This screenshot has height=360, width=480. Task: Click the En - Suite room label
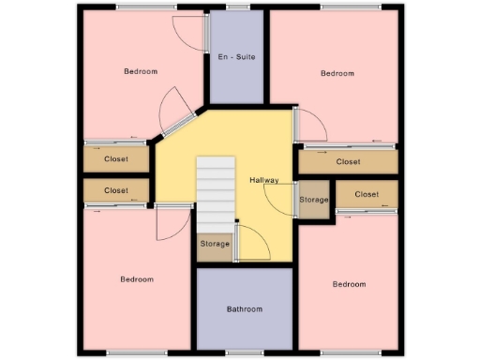[236, 58]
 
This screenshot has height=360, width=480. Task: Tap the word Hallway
[266, 180]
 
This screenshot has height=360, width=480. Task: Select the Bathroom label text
[245, 309]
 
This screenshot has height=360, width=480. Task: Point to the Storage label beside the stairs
[215, 245]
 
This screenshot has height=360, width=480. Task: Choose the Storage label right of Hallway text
[314, 200]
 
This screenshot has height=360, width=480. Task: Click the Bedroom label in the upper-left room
[141, 72]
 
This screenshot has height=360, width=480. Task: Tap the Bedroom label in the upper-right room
[337, 73]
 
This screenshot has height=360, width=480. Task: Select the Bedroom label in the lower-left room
[136, 279]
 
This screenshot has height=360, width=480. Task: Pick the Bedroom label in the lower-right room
[348, 284]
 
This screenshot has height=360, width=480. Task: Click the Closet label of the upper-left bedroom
[116, 159]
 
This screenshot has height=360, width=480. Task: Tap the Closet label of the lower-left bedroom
[116, 190]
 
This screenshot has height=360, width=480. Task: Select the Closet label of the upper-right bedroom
[348, 162]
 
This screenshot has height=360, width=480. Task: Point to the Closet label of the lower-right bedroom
[367, 194]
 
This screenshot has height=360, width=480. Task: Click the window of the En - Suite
[238, 8]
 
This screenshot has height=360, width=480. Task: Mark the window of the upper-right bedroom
[337, 8]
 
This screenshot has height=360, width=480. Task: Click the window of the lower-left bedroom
[126, 352]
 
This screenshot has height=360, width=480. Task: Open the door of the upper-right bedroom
[310, 125]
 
